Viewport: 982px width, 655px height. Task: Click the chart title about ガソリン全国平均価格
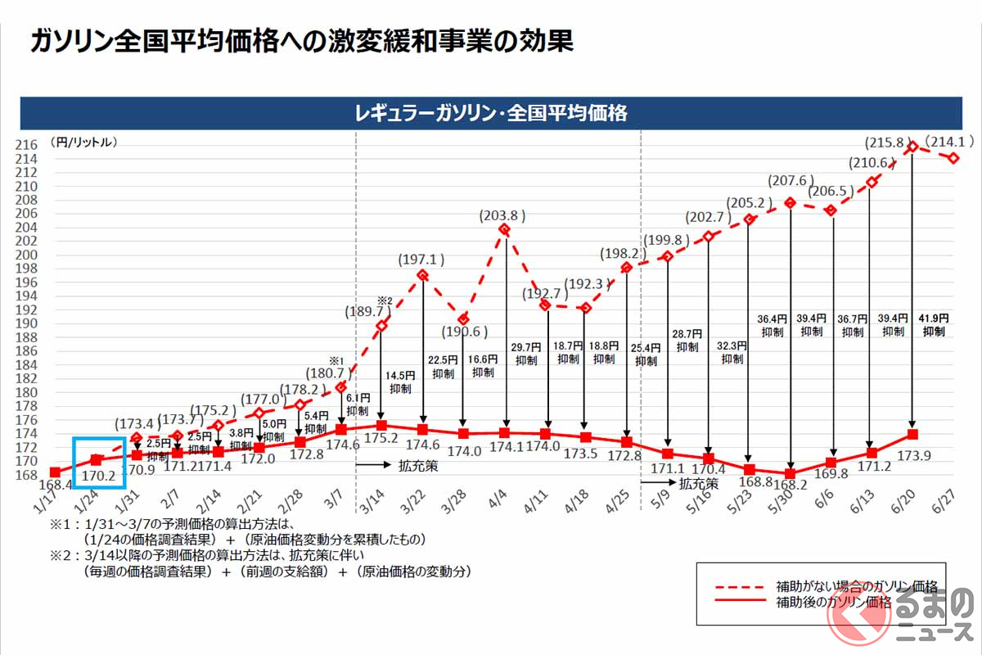click(302, 42)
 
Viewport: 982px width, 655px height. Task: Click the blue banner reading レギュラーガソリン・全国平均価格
click(491, 113)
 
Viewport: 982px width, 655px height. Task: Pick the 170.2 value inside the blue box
click(98, 473)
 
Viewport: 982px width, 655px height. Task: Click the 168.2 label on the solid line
click(790, 493)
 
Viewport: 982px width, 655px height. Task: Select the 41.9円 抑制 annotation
click(933, 325)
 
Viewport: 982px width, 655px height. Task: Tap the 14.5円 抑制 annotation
click(401, 382)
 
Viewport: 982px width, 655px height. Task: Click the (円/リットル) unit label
click(83, 142)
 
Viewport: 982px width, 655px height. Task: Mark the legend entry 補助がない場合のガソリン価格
click(856, 587)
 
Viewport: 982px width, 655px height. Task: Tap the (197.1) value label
click(421, 260)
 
